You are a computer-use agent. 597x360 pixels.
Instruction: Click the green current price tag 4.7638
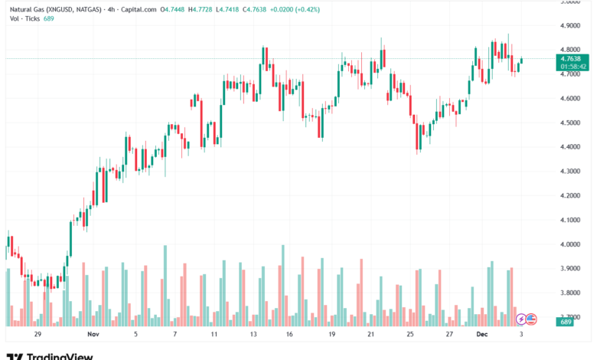pyautogui.click(x=570, y=59)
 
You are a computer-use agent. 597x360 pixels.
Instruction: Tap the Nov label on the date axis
pyautogui.click(x=93, y=335)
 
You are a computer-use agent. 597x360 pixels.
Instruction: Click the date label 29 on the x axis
pyautogui.click(x=37, y=335)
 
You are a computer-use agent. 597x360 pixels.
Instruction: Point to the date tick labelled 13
pyautogui.click(x=253, y=335)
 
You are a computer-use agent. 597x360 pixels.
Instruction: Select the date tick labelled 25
pyautogui.click(x=409, y=335)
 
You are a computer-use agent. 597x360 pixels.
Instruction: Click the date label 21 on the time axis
pyautogui.click(x=370, y=335)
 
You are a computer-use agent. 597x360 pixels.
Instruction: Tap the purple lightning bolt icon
pyautogui.click(x=521, y=319)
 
